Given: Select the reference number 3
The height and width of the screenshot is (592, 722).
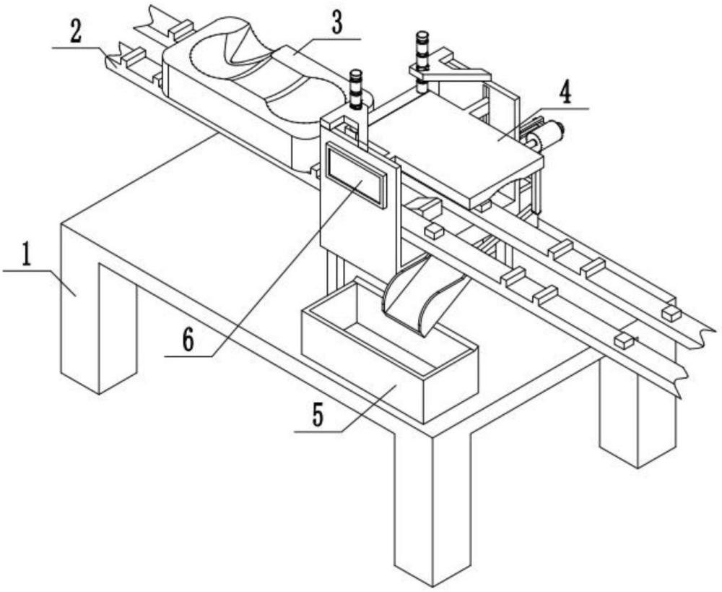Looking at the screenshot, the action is point(337,24).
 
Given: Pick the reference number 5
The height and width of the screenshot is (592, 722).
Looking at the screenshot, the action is point(318,416).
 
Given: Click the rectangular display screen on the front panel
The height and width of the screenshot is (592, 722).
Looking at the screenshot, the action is point(355,173).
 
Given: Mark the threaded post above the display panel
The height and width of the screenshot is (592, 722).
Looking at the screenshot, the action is point(356,90).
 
